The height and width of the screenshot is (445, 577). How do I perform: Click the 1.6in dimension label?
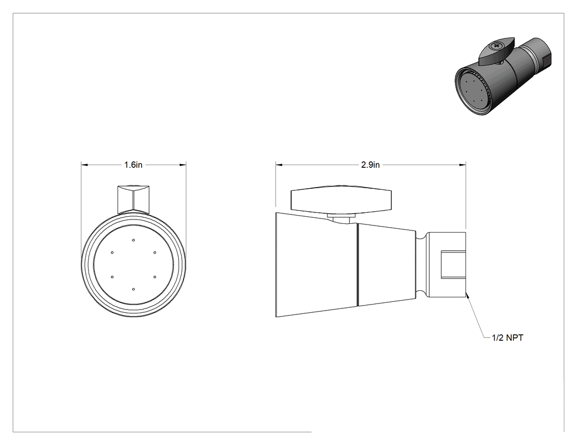click(x=133, y=165)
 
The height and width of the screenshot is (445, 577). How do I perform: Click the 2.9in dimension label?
click(x=370, y=165)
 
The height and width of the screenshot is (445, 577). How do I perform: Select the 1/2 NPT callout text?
click(x=507, y=337)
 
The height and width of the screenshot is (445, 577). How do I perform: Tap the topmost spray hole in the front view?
click(x=133, y=240)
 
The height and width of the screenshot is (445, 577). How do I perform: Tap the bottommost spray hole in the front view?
click(x=133, y=290)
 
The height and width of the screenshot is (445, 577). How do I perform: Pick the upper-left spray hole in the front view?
click(x=112, y=252)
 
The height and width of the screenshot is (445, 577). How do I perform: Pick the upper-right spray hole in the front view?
click(x=154, y=252)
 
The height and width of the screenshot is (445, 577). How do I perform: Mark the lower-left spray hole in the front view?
click(x=112, y=277)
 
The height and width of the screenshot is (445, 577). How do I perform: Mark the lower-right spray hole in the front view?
click(x=154, y=277)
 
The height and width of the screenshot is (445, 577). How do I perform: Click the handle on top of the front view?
click(x=133, y=199)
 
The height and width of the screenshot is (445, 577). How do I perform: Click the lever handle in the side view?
click(x=341, y=201)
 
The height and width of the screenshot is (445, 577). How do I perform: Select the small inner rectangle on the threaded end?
click(x=453, y=264)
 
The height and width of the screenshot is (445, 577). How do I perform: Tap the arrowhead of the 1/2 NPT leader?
click(x=467, y=295)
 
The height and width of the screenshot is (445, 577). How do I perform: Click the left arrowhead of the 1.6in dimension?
click(x=85, y=165)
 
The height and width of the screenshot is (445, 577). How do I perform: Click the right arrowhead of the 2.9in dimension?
click(x=462, y=165)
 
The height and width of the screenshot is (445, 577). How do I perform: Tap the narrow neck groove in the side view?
click(x=421, y=264)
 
